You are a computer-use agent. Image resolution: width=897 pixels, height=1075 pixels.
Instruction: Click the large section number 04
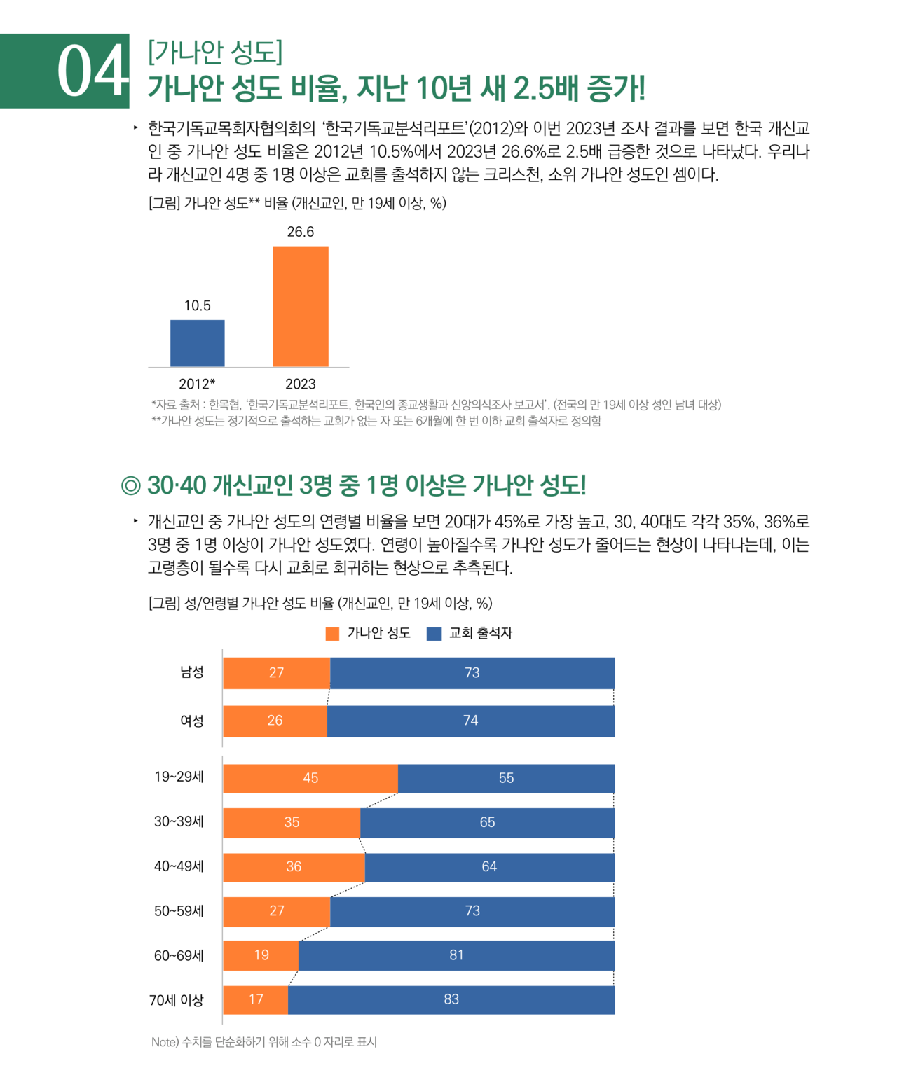pos(93,71)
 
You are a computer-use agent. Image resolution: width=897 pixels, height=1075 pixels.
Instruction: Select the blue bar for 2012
pos(197,343)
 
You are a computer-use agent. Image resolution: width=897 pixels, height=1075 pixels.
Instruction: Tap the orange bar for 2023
pos(300,307)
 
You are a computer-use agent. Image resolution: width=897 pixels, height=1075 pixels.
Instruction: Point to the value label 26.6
pos(300,232)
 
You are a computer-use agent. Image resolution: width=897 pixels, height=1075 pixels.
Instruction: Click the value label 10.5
pos(197,305)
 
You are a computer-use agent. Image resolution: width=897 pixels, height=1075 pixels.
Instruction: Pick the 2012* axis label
pos(197,384)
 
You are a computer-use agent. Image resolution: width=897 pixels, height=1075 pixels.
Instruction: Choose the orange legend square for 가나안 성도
pos(332,634)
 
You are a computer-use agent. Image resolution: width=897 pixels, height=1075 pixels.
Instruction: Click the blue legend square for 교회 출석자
pos(434,634)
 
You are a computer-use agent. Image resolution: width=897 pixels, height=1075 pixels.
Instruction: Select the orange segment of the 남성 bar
pos(276,673)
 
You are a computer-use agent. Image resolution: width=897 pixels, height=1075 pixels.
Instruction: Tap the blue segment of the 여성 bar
pos(470,721)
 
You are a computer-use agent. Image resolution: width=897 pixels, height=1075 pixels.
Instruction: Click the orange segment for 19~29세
pos(310,778)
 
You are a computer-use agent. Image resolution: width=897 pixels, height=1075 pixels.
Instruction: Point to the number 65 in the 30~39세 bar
pos(487,822)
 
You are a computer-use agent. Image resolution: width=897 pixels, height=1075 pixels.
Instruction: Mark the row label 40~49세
pos(179,866)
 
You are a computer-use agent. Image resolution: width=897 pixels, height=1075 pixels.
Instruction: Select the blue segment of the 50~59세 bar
pos(472,911)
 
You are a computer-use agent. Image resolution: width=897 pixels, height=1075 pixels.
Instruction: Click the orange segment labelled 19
pos(261,955)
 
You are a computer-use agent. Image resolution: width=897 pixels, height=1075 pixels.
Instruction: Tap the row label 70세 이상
pos(176,1000)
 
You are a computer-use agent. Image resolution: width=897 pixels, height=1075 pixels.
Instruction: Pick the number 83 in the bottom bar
pos(451,999)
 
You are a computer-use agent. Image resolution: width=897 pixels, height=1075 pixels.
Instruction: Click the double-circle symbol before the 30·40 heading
pos(130,485)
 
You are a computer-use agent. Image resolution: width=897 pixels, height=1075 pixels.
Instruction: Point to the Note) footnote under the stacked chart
pos(264,1042)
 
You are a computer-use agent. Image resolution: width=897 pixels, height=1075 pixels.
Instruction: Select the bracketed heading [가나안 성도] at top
pos(214,52)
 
